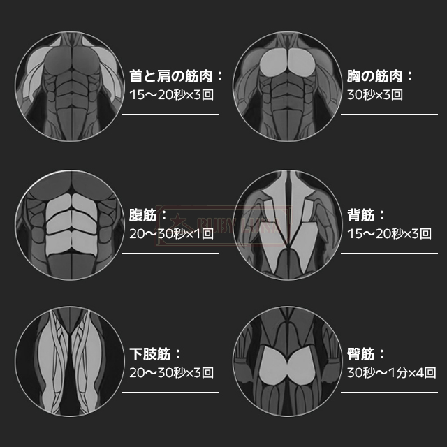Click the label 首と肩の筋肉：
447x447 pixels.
click(176, 75)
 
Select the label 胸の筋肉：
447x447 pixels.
click(380, 75)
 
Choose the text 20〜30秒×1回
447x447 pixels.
click(172, 233)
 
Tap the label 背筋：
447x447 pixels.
click(366, 214)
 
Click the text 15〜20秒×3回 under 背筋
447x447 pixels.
click(389, 233)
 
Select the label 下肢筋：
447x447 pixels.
click(156, 354)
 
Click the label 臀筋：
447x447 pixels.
click(366, 354)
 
